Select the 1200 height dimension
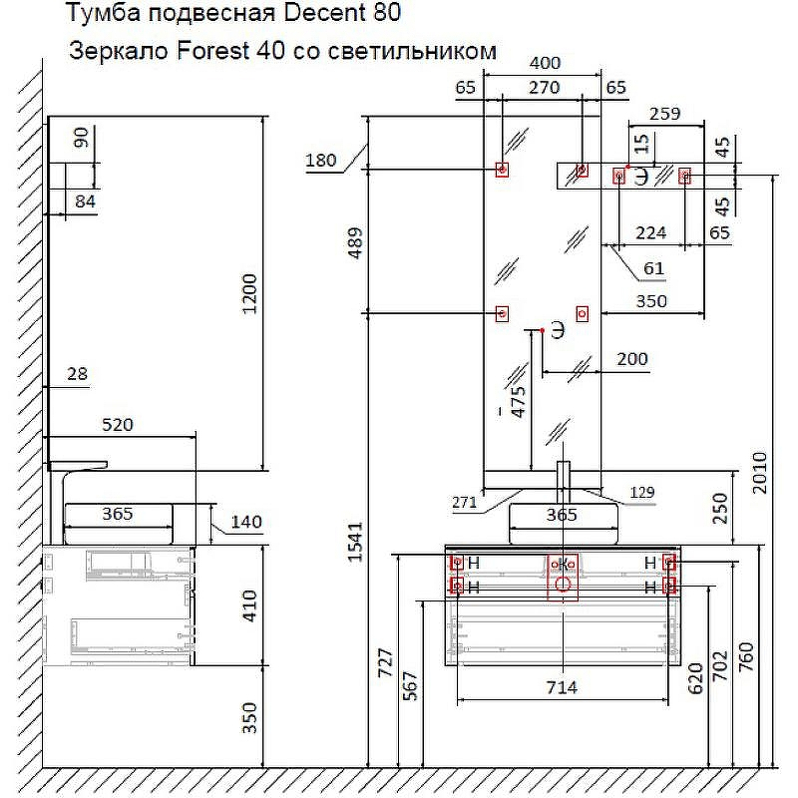[250, 293]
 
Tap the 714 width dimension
[563, 686]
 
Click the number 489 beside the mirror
[355, 244]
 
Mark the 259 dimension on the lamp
[663, 114]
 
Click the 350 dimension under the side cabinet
[250, 716]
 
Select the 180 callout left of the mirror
[321, 161]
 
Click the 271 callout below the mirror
[464, 503]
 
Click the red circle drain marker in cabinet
[564, 586]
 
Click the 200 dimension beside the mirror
[631, 359]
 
